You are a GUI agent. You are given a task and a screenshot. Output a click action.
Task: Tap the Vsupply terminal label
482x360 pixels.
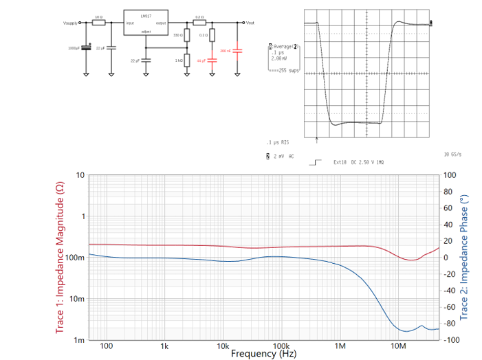coord(70,23)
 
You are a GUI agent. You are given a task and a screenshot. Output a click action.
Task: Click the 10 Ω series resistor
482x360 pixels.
coord(98,23)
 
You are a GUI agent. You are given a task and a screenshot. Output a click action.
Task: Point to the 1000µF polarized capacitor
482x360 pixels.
coord(86,47)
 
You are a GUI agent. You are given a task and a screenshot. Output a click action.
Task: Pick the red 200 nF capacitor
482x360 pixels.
coord(238,51)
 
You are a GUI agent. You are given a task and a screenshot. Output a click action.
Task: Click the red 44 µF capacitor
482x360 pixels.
coord(212,60)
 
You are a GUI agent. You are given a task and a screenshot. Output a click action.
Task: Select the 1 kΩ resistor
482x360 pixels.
coord(187,60)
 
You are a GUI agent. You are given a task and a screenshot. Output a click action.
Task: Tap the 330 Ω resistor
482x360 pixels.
coord(187,34)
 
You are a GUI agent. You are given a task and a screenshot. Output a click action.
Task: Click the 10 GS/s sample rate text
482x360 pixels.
coord(452,155)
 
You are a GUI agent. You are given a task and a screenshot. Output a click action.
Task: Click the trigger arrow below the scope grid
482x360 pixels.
coord(316,141)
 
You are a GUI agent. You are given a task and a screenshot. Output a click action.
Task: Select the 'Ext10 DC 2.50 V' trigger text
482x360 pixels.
coord(357,163)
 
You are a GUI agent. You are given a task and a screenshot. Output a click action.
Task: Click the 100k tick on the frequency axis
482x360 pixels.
coord(281,346)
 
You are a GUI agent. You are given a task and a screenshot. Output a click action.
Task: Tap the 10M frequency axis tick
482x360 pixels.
coord(398,346)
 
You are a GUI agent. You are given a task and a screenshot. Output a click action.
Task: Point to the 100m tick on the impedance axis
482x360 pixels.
coord(76,258)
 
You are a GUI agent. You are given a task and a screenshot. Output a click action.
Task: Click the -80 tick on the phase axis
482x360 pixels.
coord(450,324)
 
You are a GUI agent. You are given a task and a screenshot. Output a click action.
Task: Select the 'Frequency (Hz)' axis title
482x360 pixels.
coord(263,354)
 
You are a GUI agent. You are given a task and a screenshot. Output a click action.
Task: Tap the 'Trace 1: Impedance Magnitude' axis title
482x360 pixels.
coord(60,258)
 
